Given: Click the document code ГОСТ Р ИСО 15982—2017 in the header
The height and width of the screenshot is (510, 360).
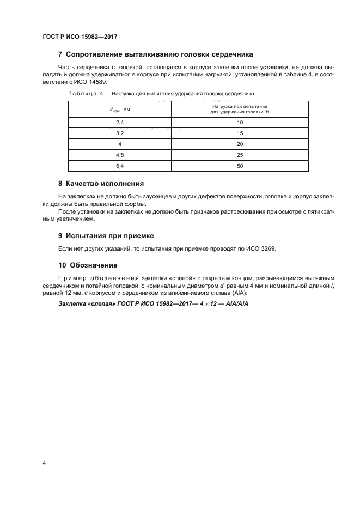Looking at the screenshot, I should click(x=80, y=37).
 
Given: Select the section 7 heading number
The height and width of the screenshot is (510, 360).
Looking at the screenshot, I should click(x=60, y=54).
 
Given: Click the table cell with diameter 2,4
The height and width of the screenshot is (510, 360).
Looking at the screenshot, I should click(x=120, y=123).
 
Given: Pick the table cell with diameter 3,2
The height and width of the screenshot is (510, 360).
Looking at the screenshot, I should click(x=120, y=133).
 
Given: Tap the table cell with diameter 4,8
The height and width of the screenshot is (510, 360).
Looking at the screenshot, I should click(x=120, y=155).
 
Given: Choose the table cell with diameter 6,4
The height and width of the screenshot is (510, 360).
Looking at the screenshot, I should click(x=120, y=166).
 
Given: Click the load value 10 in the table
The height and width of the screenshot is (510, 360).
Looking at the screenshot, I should click(x=240, y=123).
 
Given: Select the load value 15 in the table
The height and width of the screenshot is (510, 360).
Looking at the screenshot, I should click(x=240, y=133).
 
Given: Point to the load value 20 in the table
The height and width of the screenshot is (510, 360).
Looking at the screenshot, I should click(x=240, y=144).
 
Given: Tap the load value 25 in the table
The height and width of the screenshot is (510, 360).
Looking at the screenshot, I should click(x=240, y=155).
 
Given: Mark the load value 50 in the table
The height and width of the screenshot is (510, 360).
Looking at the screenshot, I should click(x=240, y=166).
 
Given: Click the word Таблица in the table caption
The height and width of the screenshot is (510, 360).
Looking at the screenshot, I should click(x=81, y=94).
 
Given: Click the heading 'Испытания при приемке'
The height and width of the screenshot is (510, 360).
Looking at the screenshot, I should click(x=110, y=236).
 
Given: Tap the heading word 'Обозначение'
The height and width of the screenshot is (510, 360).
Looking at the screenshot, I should click(x=93, y=265).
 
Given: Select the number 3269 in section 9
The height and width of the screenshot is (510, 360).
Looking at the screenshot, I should click(x=267, y=249).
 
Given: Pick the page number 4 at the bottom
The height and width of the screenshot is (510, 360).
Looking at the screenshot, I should click(x=44, y=463).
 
